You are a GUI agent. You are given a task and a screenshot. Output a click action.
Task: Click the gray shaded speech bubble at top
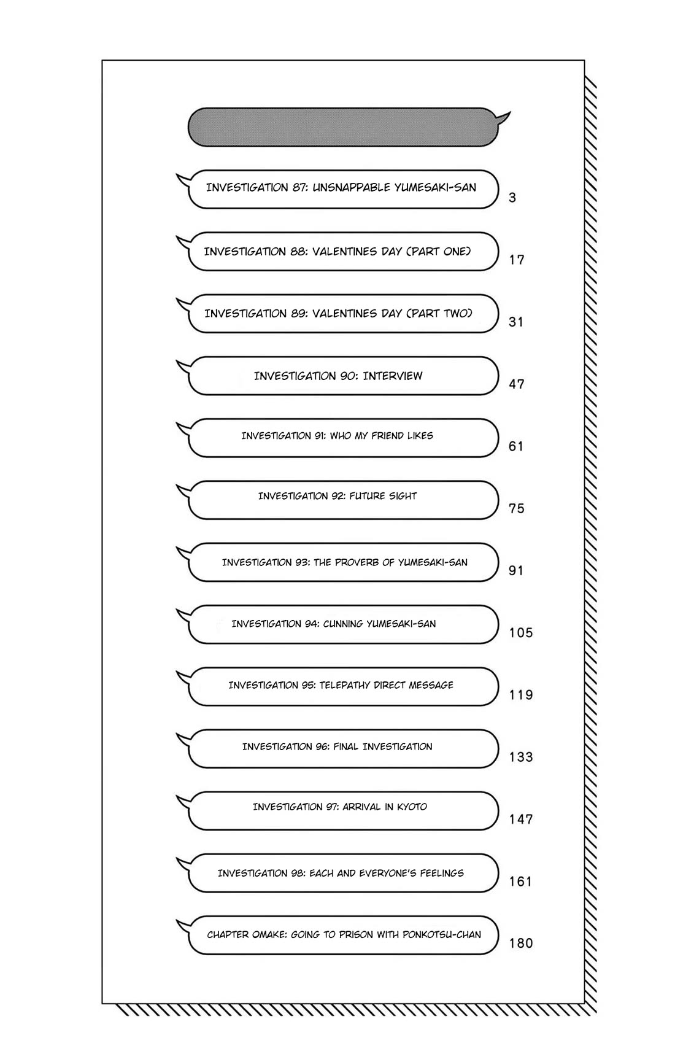342,128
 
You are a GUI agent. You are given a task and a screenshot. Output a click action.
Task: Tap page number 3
512,198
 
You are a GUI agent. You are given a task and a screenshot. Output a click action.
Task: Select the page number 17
517,260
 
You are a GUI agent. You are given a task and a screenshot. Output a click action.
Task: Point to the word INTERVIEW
393,376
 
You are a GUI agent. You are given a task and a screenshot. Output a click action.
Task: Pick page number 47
517,384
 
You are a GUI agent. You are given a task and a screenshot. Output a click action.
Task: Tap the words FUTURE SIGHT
384,496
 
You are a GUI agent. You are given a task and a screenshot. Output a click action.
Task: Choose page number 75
517,508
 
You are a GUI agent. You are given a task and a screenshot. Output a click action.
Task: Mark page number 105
521,632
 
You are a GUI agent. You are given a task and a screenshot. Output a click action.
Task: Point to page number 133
521,757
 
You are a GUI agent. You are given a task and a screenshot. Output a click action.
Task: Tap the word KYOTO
412,807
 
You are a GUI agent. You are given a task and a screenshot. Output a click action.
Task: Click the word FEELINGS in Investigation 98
442,873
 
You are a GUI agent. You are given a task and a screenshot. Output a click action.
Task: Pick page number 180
521,943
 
